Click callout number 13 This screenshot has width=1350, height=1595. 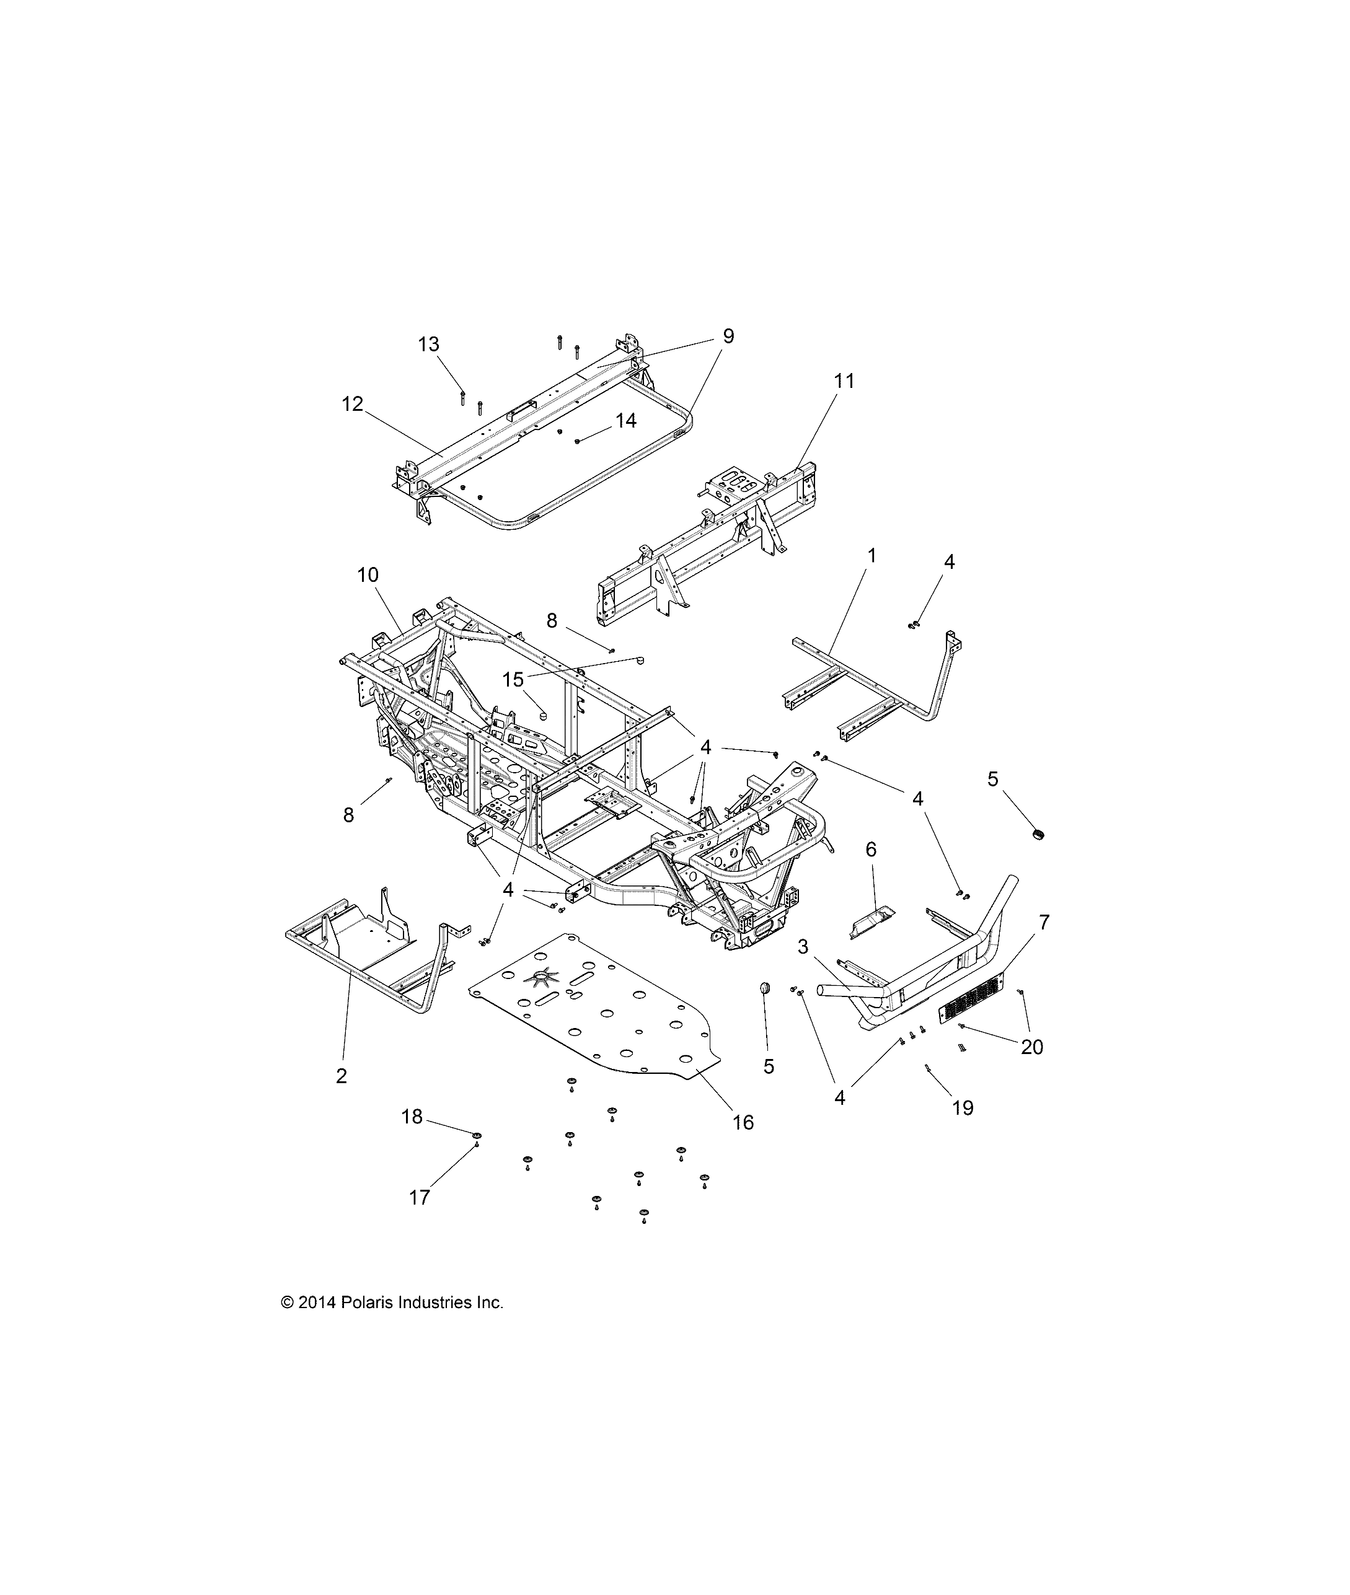click(x=428, y=345)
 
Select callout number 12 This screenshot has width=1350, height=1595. click(x=352, y=404)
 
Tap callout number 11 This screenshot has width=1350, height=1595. click(x=844, y=380)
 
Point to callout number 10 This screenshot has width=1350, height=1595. click(x=368, y=574)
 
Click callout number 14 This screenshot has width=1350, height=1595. click(x=625, y=420)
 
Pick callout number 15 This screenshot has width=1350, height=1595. click(x=513, y=679)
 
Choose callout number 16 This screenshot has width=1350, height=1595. click(x=743, y=1122)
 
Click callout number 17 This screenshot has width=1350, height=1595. click(x=420, y=1197)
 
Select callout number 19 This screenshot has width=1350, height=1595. click(x=962, y=1107)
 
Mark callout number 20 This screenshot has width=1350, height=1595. click(x=1031, y=1047)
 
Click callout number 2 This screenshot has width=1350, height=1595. click(x=342, y=1076)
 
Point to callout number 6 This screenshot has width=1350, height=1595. click(x=871, y=849)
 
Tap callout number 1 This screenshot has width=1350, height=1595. click(x=871, y=555)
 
